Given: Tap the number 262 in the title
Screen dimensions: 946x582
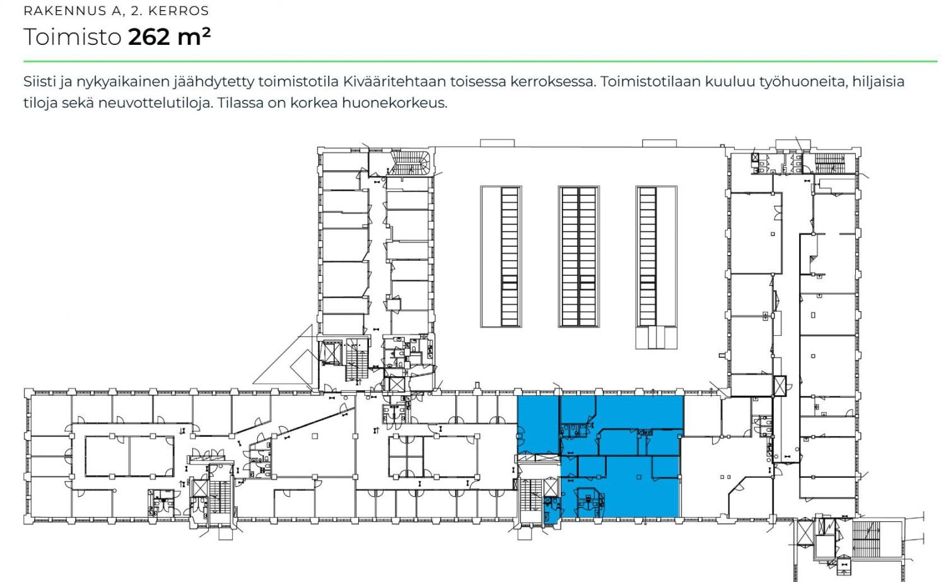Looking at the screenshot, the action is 149,37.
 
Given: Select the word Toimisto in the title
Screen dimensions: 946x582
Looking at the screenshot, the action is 73,37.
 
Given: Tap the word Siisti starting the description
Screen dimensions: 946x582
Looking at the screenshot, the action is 39,81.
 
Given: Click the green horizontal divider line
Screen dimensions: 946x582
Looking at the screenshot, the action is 480,61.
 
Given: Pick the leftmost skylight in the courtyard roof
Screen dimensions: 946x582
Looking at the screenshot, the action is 501,256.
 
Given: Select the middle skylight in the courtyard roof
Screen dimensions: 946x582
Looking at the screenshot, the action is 578,256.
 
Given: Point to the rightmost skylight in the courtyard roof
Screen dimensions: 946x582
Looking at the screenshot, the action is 657,267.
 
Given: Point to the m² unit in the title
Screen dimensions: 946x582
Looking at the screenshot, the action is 194,37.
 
